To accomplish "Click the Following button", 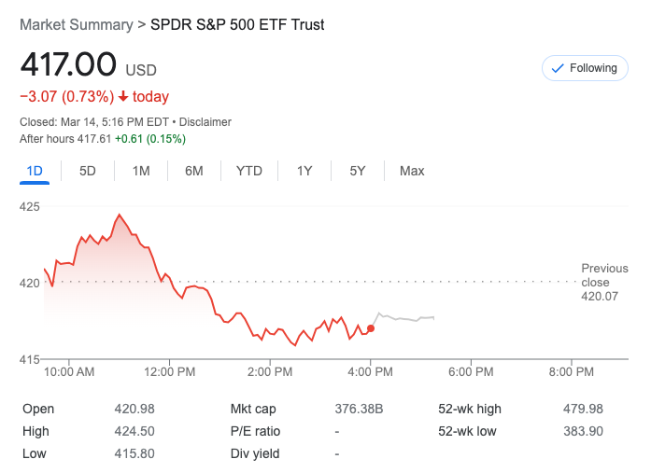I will click(x=584, y=68).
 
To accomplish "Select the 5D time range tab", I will click(x=88, y=171).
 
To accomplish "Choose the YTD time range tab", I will click(x=249, y=171).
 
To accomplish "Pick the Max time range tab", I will click(x=412, y=171).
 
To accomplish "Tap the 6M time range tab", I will click(x=194, y=171).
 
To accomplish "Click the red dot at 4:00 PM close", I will click(x=371, y=328).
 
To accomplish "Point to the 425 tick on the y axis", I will click(x=30, y=206).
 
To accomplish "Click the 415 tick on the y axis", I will click(x=30, y=359).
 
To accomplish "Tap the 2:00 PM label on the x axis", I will click(x=270, y=371).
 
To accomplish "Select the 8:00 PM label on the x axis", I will click(x=571, y=371).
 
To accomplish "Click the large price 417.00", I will click(x=68, y=65).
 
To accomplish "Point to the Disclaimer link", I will click(x=205, y=122).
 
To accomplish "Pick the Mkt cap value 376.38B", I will click(x=359, y=409).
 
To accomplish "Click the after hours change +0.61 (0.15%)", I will click(x=149, y=139).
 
